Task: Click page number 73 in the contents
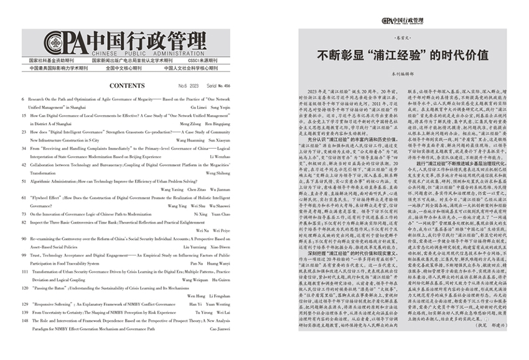(x=24, y=213)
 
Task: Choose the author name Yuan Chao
(x=218, y=213)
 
